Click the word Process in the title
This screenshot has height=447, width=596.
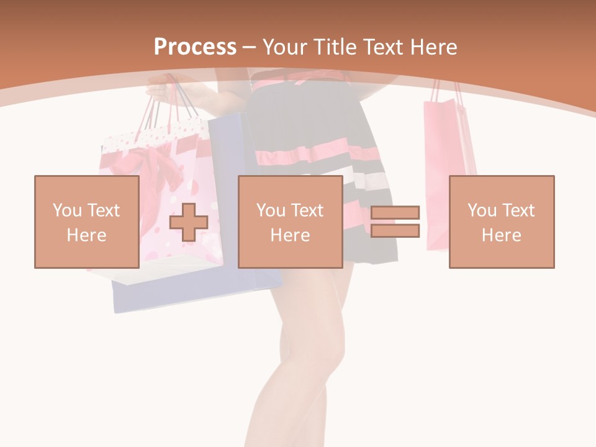click(x=195, y=47)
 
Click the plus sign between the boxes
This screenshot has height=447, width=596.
click(x=189, y=222)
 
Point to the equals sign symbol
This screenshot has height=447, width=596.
click(x=395, y=222)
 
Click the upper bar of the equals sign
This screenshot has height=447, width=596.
click(x=395, y=213)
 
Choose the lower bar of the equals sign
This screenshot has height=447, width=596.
click(x=395, y=230)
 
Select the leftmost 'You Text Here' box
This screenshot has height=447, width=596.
click(x=86, y=222)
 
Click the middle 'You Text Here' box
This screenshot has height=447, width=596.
click(x=290, y=222)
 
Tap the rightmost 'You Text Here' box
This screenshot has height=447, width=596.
click(x=501, y=222)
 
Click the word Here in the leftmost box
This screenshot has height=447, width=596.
click(x=86, y=235)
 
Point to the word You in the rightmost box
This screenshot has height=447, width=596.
click(x=482, y=210)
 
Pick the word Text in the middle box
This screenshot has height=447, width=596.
click(x=307, y=210)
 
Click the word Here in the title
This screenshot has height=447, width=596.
click(x=433, y=47)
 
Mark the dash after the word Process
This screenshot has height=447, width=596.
click(x=250, y=47)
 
